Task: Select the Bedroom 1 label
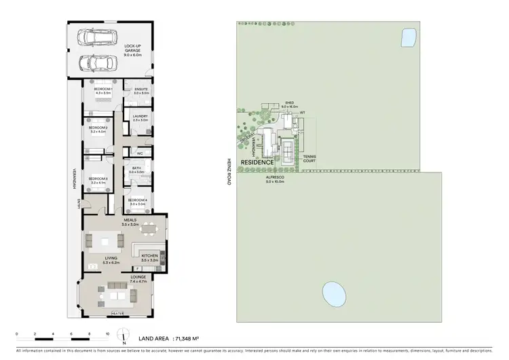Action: [x=102, y=89]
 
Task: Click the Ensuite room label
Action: [x=140, y=89]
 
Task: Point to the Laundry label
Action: [x=140, y=116]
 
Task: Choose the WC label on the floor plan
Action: [x=139, y=153]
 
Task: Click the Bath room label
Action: [x=136, y=168]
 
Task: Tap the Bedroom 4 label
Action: [x=138, y=200]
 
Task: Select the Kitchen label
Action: [x=149, y=256]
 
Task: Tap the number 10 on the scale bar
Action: [x=107, y=334]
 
